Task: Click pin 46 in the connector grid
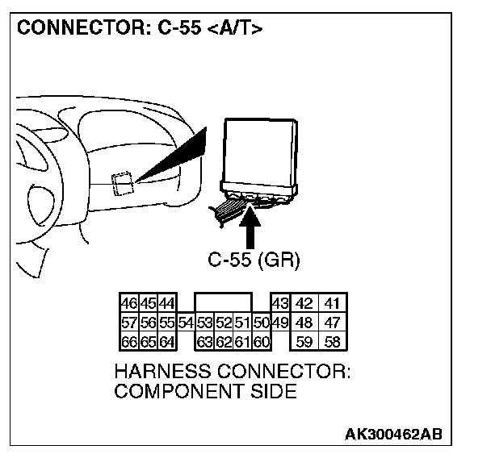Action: [128, 305]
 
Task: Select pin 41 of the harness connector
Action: [333, 305]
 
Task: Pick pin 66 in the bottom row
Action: [128, 341]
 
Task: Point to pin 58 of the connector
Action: [333, 341]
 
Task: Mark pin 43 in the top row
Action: [279, 305]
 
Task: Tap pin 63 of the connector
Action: [204, 341]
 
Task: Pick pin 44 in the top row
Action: [166, 305]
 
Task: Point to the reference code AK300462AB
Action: [393, 435]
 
